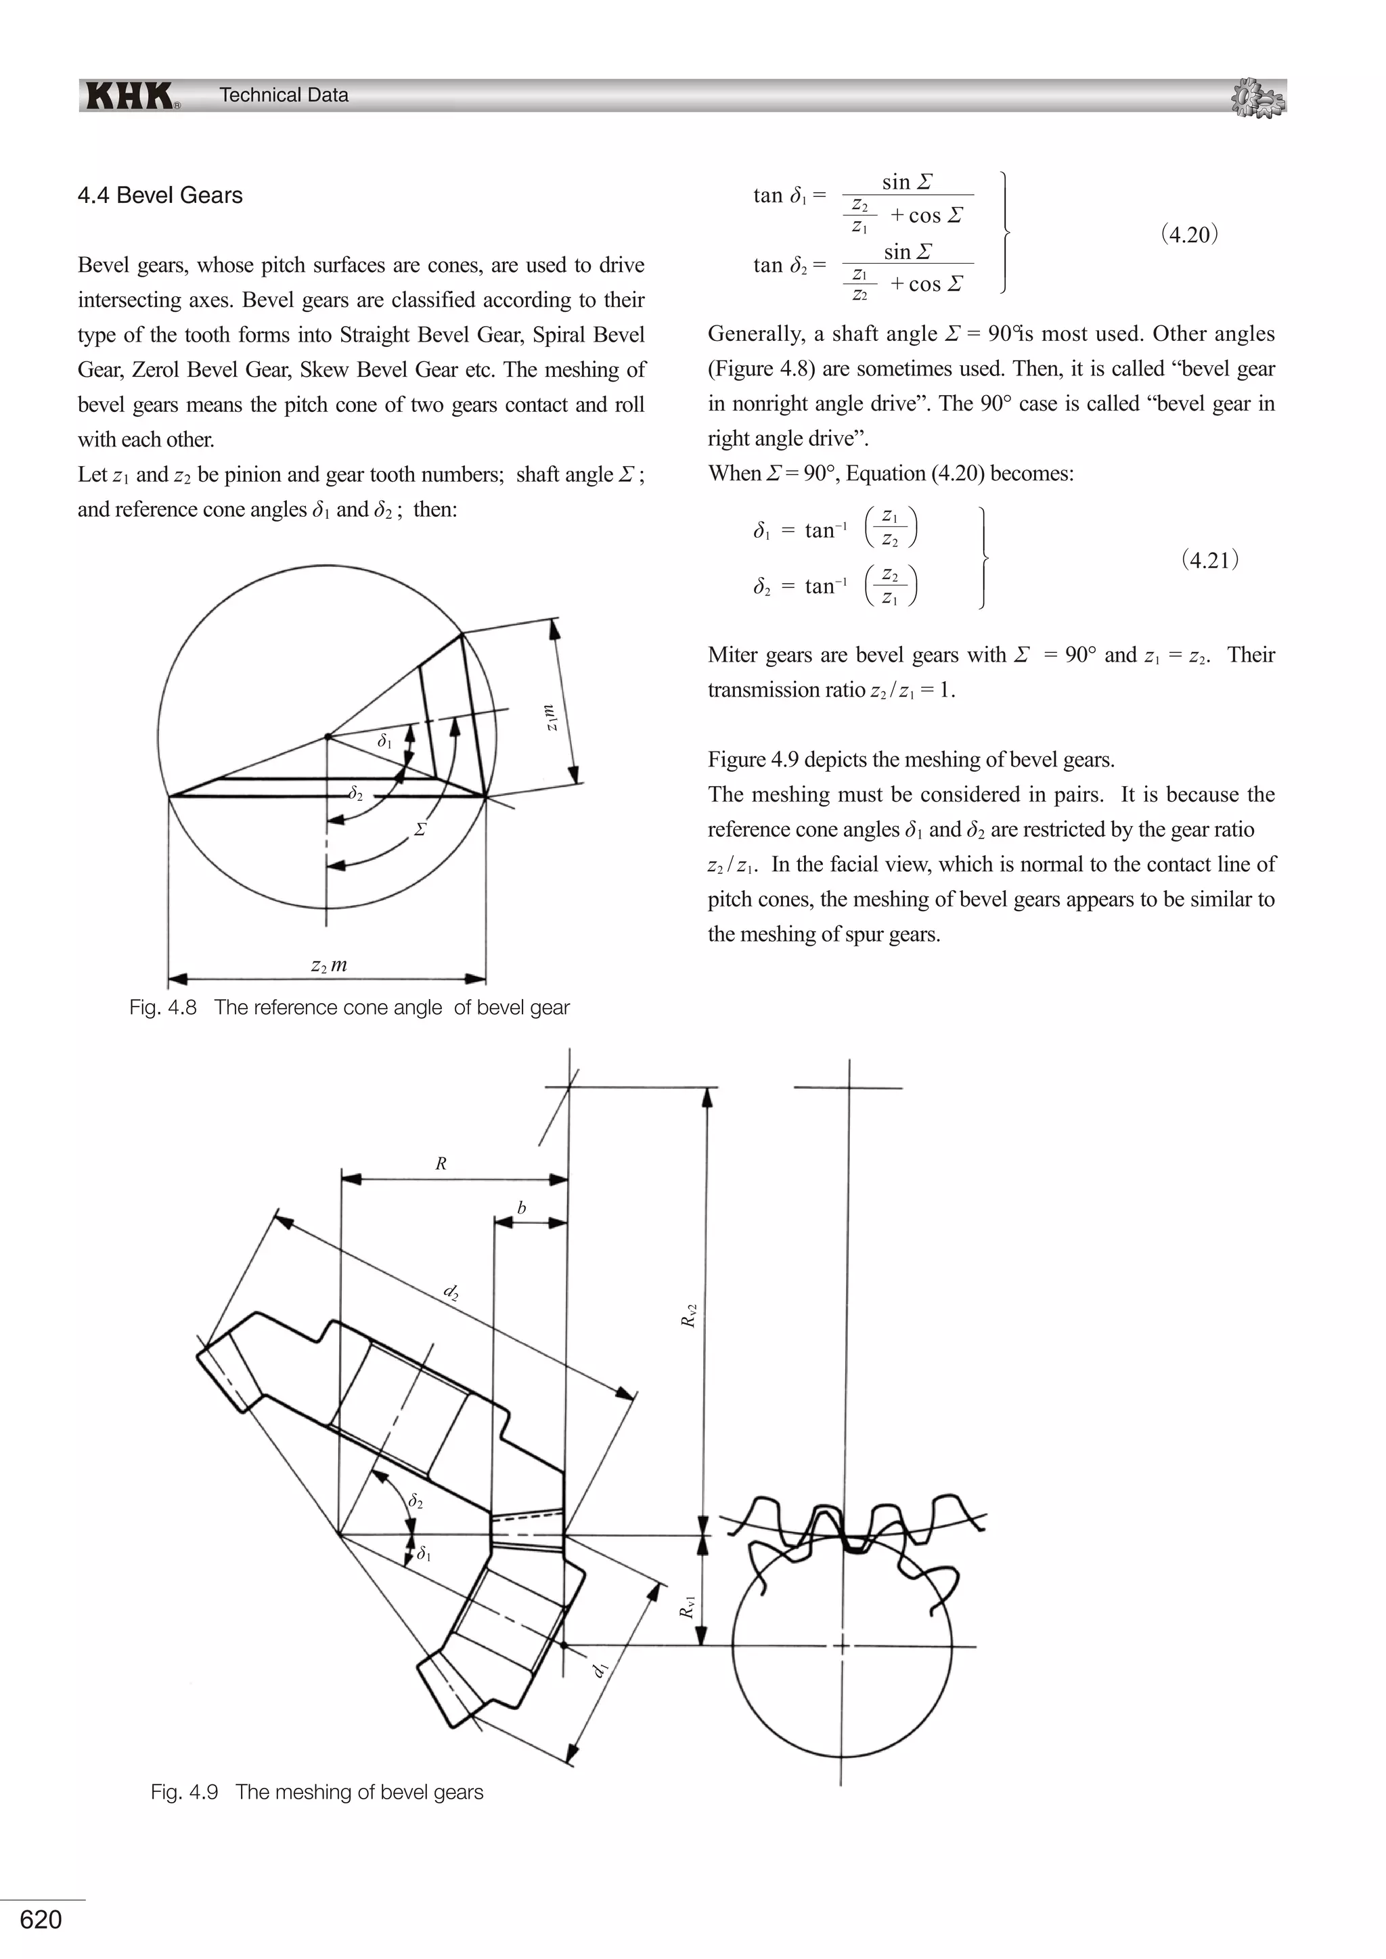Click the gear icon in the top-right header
tap(1258, 98)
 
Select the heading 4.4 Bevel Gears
tap(160, 195)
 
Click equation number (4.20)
tap(1190, 235)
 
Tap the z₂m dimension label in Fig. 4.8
tap(329, 965)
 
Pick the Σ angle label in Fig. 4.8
tap(420, 829)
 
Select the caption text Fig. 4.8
tap(349, 1008)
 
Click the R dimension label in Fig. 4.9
tap(441, 1163)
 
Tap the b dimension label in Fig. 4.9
tap(522, 1208)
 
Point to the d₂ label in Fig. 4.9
tap(452, 1293)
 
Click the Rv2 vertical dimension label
tap(689, 1315)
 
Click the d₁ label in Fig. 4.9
tap(601, 1669)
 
